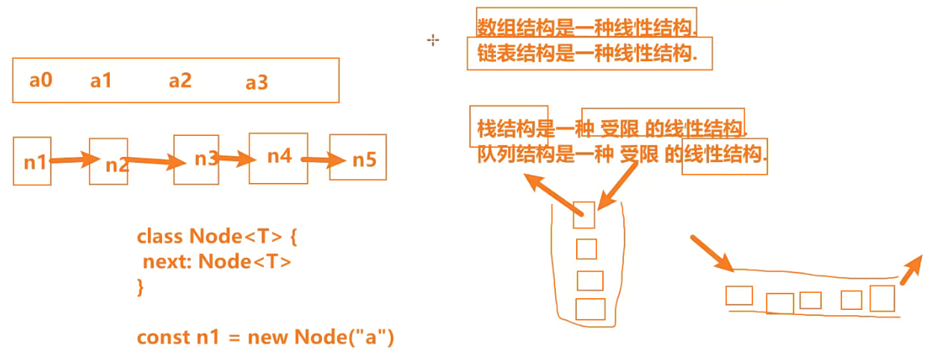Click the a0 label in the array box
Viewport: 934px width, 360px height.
click(40, 79)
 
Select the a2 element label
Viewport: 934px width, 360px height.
click(180, 81)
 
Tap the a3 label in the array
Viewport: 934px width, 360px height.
click(256, 83)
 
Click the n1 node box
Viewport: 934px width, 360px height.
click(32, 161)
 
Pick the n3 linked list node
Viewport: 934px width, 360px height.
click(197, 158)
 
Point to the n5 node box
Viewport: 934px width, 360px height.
click(358, 158)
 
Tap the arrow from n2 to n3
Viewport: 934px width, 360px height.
click(156, 161)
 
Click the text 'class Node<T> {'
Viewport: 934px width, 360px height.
click(217, 237)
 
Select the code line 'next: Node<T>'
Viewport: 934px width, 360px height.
click(217, 261)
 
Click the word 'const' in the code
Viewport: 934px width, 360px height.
click(164, 337)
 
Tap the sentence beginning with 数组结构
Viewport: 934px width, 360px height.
click(587, 27)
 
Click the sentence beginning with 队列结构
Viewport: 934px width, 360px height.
click(622, 155)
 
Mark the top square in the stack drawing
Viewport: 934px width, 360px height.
click(584, 215)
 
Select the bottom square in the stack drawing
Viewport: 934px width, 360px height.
click(590, 308)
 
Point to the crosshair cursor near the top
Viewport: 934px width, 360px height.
click(433, 40)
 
